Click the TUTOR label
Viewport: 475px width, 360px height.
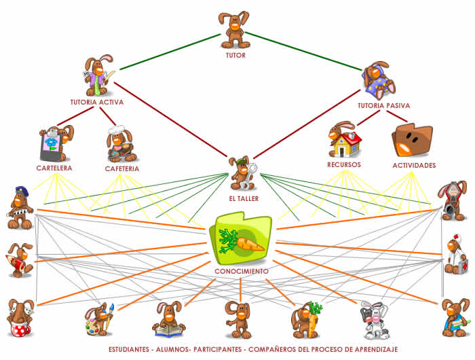(235, 55)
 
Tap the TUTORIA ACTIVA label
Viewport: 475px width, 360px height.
(96, 103)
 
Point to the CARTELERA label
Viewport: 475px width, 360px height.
(54, 167)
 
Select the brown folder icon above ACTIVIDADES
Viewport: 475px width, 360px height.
(412, 141)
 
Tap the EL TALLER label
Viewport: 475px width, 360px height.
(242, 198)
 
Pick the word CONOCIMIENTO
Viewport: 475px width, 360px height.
(241, 271)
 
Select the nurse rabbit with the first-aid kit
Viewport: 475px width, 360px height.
(455, 255)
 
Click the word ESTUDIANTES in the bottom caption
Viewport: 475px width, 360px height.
(132, 350)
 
